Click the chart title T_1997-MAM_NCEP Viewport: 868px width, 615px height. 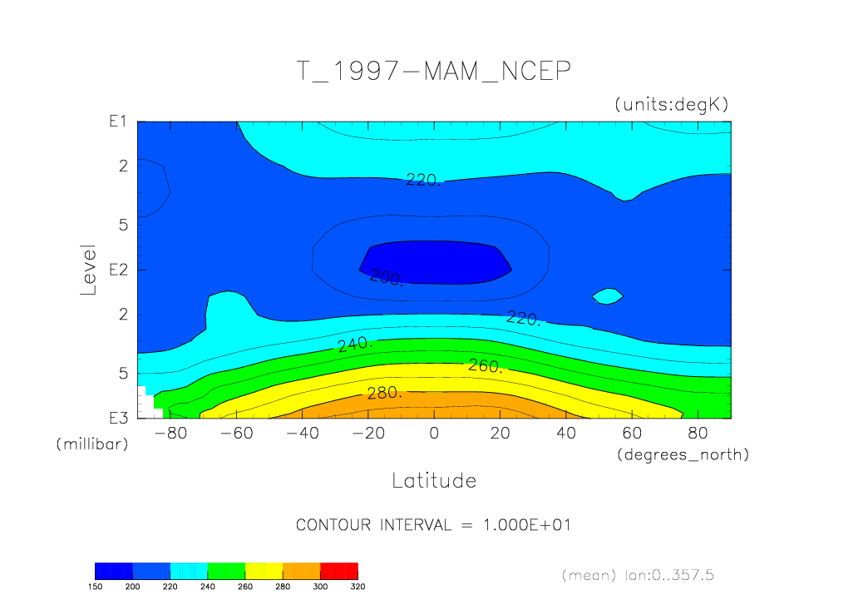(433, 72)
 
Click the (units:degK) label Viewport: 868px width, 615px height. (671, 105)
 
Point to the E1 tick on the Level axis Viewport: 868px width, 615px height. (116, 122)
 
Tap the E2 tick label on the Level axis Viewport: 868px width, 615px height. (116, 270)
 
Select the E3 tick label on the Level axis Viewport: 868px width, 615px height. (116, 418)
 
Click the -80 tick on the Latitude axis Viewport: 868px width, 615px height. (170, 433)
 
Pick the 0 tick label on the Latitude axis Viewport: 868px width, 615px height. (433, 433)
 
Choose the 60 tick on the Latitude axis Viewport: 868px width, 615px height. (632, 433)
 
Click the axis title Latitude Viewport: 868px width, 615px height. (433, 480)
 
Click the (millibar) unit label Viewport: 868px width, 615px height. (92, 444)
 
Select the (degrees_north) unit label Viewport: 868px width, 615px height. (683, 454)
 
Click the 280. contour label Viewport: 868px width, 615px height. (384, 394)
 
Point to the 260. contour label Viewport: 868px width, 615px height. (485, 365)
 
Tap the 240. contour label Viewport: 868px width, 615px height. (355, 345)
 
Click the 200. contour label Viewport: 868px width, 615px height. (386, 278)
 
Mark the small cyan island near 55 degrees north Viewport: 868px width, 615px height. (608, 295)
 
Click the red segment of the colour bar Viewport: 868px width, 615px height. (339, 570)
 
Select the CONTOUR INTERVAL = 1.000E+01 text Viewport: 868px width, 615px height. (433, 525)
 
